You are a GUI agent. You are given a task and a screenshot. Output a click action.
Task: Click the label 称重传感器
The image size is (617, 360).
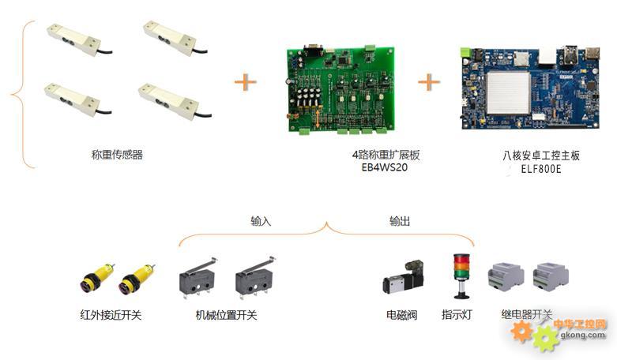tap(117, 155)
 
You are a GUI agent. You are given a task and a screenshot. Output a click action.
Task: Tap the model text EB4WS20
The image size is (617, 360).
tap(385, 167)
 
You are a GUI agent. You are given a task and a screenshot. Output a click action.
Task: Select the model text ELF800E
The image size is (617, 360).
tap(541, 169)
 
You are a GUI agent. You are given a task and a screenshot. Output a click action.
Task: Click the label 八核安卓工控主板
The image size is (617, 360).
tap(541, 156)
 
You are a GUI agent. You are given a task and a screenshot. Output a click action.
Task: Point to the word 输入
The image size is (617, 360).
tap(261, 221)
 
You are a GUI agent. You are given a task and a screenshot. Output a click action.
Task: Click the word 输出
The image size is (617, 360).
tap(400, 221)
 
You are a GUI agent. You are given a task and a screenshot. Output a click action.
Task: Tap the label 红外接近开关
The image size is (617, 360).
tap(111, 315)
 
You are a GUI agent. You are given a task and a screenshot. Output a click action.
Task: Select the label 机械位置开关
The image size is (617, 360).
tap(226, 315)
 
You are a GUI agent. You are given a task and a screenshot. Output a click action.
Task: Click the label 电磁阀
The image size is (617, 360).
tap(402, 315)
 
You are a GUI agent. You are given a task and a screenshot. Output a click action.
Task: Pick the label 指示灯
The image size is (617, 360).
tap(457, 314)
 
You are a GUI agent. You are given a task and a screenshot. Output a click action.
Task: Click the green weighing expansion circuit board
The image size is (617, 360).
tap(340, 88)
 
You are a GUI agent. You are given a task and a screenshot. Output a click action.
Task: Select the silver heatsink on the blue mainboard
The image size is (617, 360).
tap(509, 93)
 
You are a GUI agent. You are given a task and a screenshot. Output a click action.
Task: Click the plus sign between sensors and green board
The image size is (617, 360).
tap(246, 82)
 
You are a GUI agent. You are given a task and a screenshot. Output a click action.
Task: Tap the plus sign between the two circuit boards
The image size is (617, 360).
tap(429, 82)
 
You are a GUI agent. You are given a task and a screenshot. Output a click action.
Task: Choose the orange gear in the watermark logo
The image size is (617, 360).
tap(521, 332)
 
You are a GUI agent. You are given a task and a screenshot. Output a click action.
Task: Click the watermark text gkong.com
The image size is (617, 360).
tap(583, 336)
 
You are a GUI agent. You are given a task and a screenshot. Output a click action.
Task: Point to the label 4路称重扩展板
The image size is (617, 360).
tap(386, 155)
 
